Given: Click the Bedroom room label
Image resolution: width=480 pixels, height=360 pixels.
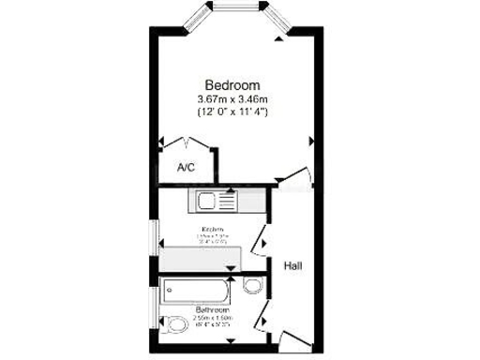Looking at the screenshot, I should (232, 83).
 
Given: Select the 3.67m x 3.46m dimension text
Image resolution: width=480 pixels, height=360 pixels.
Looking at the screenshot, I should (232, 98).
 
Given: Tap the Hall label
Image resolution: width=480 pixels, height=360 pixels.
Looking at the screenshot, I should (292, 266).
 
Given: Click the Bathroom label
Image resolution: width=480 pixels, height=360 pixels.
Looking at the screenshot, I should (212, 309).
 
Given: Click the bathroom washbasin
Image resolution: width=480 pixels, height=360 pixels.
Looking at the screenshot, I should (252, 286).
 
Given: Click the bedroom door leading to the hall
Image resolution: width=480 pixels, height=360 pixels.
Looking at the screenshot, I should (298, 178).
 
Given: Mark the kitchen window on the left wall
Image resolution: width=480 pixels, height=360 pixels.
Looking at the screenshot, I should (157, 240).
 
